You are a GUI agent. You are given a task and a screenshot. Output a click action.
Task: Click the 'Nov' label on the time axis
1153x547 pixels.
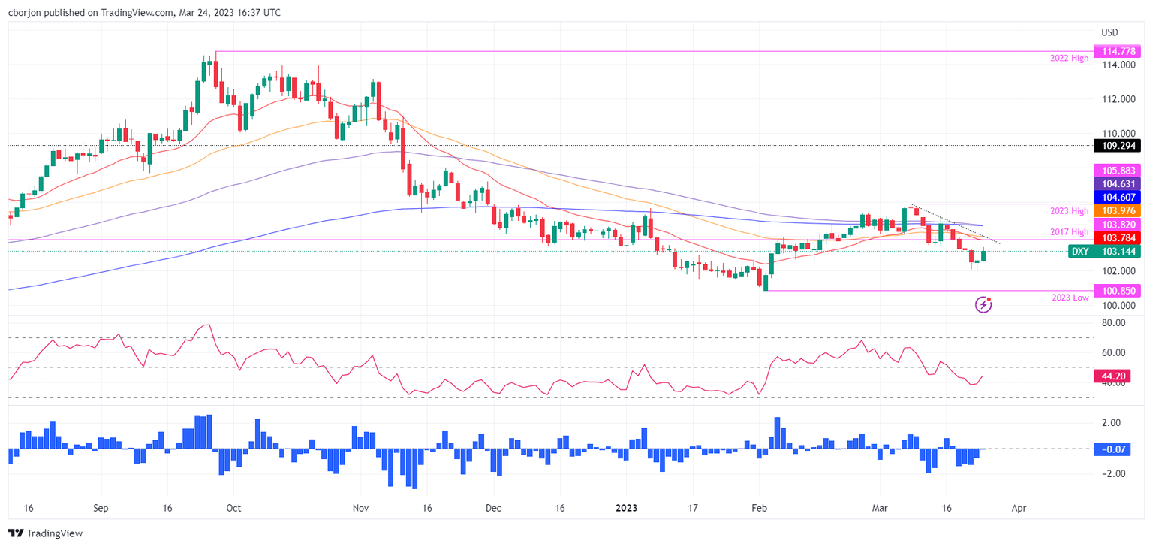tap(360, 508)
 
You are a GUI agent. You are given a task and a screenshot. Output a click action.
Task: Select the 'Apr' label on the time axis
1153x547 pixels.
tap(1019, 508)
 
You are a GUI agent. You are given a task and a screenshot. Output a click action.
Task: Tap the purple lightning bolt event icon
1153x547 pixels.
tap(983, 304)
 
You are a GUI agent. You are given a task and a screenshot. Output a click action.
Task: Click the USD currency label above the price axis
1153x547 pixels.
tap(1109, 32)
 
